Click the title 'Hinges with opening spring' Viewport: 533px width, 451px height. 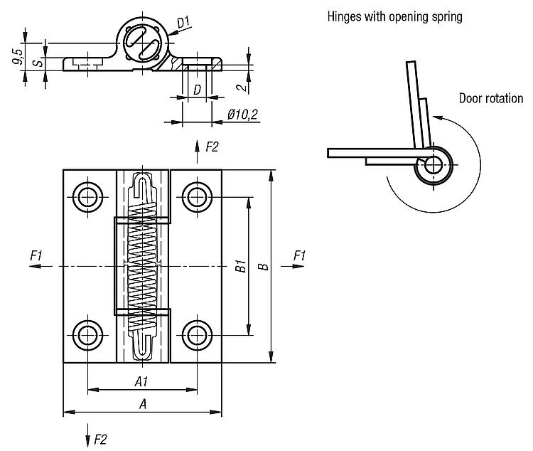tap(394, 16)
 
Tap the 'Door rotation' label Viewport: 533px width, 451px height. tap(490, 99)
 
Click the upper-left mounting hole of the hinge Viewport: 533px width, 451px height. tap(87, 196)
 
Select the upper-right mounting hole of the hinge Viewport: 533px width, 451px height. tap(196, 196)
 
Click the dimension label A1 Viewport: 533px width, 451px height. tap(141, 382)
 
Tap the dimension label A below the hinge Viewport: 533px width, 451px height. tap(142, 404)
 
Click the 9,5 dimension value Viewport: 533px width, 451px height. tap(18, 55)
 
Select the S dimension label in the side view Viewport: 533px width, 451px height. tap(41, 63)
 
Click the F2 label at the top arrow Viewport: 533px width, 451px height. tap(212, 147)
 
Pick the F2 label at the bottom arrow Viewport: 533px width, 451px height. tap(100, 439)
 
